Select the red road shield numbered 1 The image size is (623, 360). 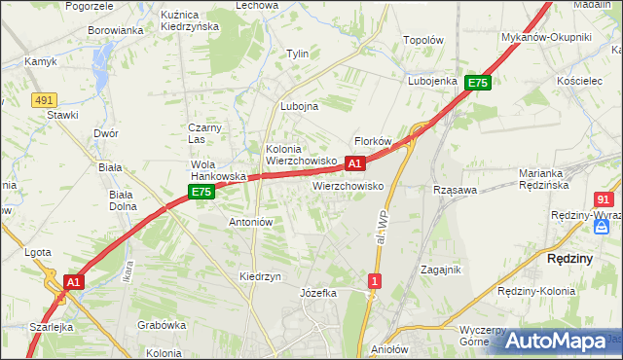[374, 281]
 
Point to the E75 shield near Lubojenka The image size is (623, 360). [476, 84]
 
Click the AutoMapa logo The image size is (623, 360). [556, 340]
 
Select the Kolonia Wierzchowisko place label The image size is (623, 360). [301, 155]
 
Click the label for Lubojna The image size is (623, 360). [299, 107]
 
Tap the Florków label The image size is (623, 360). [373, 141]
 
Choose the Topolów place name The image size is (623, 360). [423, 41]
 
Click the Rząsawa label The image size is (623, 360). [455, 190]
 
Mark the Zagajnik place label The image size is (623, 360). [439, 270]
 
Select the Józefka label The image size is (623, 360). [318, 293]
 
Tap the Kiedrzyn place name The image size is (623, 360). [260, 276]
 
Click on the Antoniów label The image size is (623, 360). [249, 222]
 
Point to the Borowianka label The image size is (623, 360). [116, 30]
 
